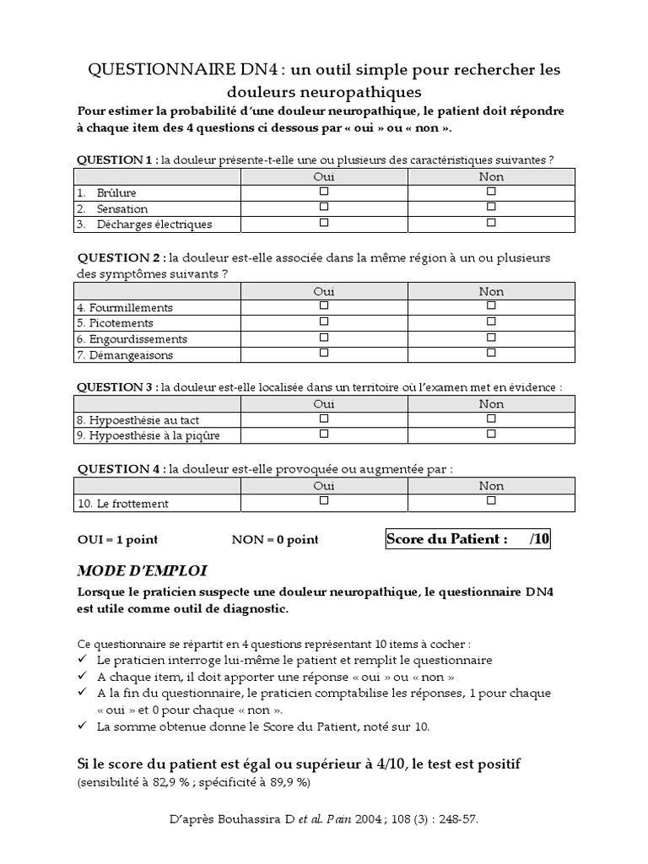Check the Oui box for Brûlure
pos(324,192)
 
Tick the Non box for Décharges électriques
pos(491,223)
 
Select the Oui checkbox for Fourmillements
pos(324,306)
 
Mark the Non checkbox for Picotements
pos(491,321)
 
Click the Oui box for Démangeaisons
pos(324,354)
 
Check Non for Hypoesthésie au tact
pos(491,418)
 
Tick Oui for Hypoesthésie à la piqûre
pos(324,434)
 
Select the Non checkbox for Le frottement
pos(491,500)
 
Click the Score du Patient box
pos(467,540)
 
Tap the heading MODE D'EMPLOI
pos(142,571)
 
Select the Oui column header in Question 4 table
pos(324,485)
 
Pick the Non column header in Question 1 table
pos(491,176)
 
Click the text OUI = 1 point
pos(117,540)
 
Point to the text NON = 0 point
pos(275,540)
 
